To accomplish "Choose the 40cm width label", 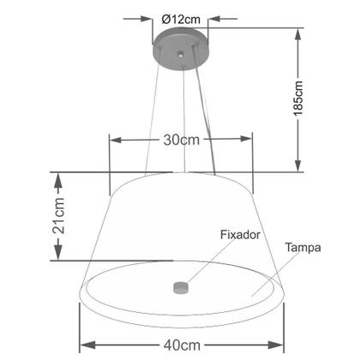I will click(x=180, y=345).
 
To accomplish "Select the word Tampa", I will click(x=303, y=249).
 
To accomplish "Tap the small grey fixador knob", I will click(x=180, y=287).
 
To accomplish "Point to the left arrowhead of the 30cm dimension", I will click(x=115, y=141).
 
